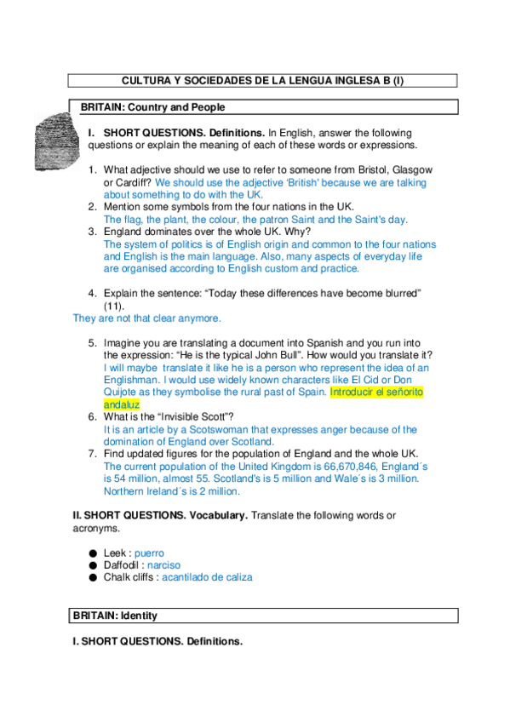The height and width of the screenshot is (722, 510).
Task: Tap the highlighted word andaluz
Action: pyautogui.click(x=121, y=404)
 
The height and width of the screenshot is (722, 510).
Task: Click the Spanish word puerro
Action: pyautogui.click(x=149, y=553)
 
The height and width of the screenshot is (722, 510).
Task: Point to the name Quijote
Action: pyautogui.click(x=123, y=393)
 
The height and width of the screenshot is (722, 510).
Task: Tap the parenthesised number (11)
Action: pyautogui.click(x=114, y=305)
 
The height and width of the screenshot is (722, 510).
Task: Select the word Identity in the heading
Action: pyautogui.click(x=139, y=615)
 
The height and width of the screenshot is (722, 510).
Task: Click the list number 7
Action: pyautogui.click(x=93, y=454)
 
